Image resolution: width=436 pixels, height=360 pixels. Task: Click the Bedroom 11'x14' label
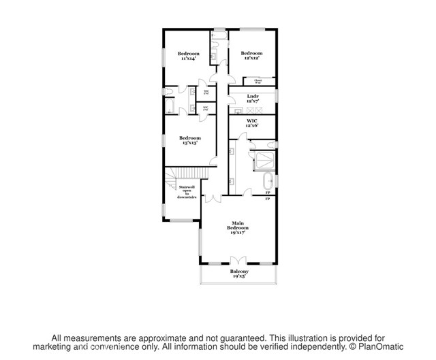(x=189, y=56)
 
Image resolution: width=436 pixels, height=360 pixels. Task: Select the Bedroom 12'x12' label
(x=251, y=56)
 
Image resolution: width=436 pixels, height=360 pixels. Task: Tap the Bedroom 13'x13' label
(x=190, y=141)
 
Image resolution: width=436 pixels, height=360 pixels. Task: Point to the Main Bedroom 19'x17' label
(x=238, y=227)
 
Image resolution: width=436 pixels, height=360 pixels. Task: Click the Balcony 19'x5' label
(x=238, y=274)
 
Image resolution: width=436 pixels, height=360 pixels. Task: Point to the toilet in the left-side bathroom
(x=168, y=92)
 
